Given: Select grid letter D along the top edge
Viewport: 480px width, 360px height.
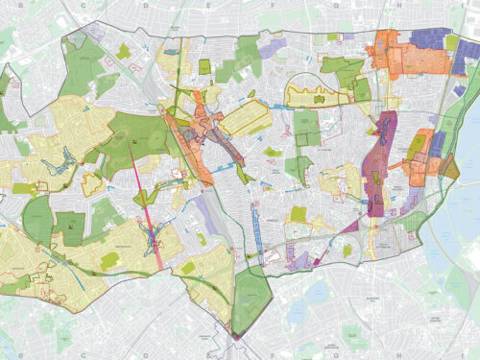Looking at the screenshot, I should point(146,5).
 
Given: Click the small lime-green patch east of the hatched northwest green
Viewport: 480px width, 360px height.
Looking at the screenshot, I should point(124,51).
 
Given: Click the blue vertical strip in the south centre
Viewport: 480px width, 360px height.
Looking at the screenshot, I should point(257,226).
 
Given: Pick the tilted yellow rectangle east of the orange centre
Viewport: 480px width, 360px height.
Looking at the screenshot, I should point(248,120).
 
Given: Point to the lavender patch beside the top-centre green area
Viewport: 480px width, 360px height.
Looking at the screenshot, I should point(276,45).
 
